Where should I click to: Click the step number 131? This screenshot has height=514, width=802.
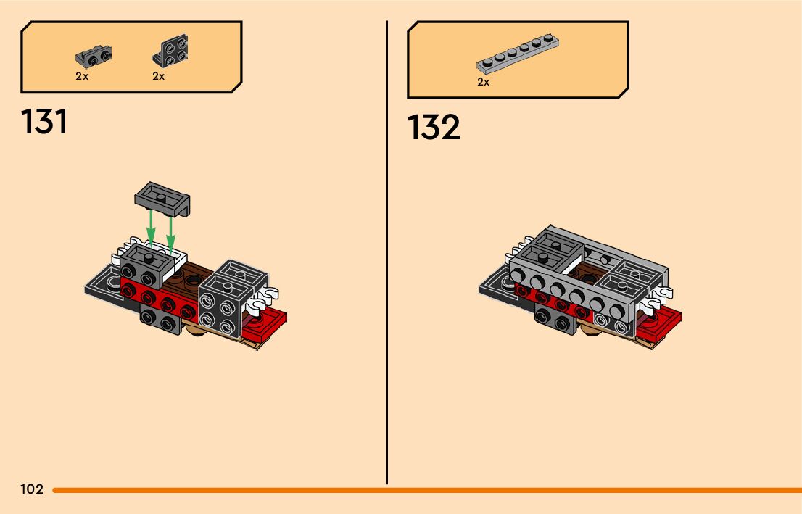coord(45,122)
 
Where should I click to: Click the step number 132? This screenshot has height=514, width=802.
coord(434,128)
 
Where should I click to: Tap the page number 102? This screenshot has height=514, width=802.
coord(32,489)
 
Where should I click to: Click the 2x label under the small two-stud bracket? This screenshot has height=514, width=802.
coord(82,76)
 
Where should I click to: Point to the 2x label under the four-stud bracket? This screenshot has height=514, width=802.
coord(159,76)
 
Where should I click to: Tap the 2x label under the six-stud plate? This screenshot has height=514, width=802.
coord(484,83)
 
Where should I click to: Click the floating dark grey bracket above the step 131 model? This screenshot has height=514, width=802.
coord(164,198)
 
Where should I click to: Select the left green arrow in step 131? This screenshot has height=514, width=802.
coord(151,228)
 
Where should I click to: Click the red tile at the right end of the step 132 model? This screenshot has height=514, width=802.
coord(659,322)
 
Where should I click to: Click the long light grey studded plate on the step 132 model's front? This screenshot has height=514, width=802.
coord(573,291)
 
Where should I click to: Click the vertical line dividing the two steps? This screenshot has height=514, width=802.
coord(387,254)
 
